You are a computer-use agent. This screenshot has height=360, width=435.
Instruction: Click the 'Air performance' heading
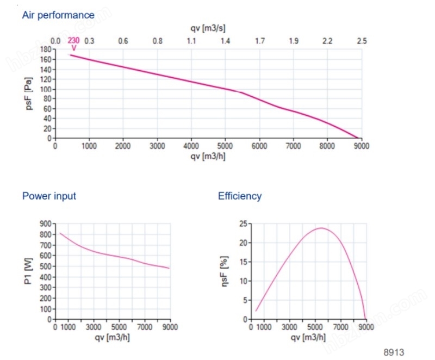coord(58,15)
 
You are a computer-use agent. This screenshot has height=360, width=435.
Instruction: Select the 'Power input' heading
coord(49,196)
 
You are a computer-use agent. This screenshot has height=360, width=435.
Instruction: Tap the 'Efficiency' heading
coord(240,196)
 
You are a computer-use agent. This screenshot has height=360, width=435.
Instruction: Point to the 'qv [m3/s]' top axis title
coord(208,28)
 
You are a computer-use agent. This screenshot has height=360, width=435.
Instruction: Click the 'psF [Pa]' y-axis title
coord(29,94)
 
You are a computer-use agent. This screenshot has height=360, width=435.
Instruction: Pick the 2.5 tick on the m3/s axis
coord(361,41)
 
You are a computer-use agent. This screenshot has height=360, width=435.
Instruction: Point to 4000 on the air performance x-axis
coord(191,146)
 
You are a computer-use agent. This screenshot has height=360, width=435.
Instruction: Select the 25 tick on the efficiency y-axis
coord(243,224)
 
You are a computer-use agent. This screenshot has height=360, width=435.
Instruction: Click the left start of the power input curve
coord(60,233)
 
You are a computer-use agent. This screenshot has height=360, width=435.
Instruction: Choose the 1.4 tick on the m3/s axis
coord(225,41)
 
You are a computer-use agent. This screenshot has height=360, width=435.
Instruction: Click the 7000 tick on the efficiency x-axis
coord(340,327)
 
